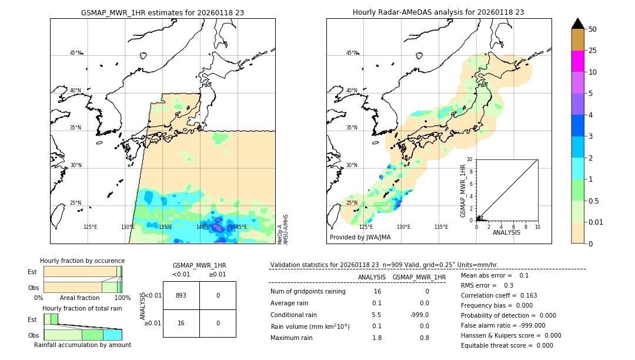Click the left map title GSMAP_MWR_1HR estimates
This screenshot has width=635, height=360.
[162, 12]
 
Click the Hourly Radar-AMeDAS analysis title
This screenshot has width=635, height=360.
[438, 12]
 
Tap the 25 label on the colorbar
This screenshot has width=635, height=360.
[593, 51]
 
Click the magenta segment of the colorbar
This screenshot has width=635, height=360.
[577, 61]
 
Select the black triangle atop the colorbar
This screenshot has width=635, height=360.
[577, 24]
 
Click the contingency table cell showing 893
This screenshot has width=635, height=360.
[181, 295]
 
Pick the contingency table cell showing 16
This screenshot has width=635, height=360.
[181, 323]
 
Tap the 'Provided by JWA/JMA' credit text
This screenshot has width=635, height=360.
[360, 237]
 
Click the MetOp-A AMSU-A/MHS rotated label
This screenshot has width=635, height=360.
[282, 229]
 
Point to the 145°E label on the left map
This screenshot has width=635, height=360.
[240, 226]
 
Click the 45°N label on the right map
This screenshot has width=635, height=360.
[352, 53]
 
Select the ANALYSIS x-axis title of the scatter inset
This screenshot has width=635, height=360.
[506, 233]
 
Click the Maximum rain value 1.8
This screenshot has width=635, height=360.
[377, 338]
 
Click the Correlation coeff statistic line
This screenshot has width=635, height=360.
[499, 295]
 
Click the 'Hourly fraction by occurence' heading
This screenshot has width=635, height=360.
[82, 261]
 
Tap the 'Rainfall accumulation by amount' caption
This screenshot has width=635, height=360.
[82, 345]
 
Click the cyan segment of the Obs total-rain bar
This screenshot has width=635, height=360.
[112, 335]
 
